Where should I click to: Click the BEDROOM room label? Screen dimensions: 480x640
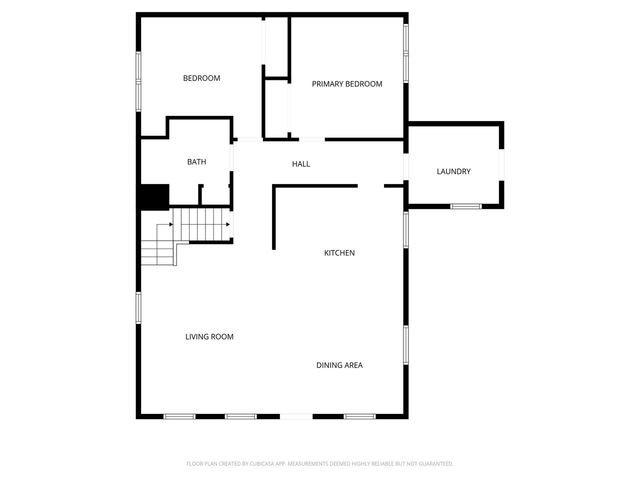click(x=201, y=78)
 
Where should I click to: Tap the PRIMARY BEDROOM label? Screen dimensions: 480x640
click(x=347, y=84)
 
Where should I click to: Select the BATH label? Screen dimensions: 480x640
click(x=197, y=162)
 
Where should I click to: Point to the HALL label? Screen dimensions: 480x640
click(x=301, y=164)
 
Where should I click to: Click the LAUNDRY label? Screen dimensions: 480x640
click(x=453, y=172)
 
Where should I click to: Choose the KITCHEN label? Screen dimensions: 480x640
click(x=339, y=253)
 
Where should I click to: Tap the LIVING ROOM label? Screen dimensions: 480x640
click(x=209, y=337)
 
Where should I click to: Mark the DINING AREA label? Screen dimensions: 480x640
click(x=340, y=365)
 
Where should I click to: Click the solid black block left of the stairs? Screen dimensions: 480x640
click(x=153, y=198)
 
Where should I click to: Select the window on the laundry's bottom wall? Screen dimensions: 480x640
click(x=465, y=207)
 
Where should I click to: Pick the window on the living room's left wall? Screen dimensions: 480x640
click(x=138, y=315)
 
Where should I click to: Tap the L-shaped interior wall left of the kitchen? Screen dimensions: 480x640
click(x=275, y=215)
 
